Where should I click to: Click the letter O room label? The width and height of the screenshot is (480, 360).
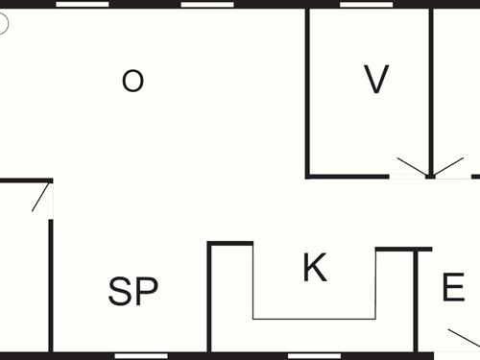click(x=132, y=81)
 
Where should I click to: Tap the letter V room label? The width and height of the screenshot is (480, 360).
click(x=376, y=80)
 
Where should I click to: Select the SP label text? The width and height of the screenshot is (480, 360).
click(x=132, y=291)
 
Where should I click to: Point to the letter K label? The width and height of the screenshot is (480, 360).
click(x=314, y=268)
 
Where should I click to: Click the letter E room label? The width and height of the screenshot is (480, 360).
click(x=453, y=288)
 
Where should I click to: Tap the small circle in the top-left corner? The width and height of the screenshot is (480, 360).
click(x=3, y=24)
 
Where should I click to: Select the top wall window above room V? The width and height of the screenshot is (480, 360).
click(x=367, y=4)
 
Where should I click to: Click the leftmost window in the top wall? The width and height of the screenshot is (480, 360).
click(x=83, y=4)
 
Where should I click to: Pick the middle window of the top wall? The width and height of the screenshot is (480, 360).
click(x=207, y=4)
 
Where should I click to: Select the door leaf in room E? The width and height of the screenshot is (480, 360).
click(x=463, y=338)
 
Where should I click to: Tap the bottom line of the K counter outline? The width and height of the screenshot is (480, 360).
click(x=314, y=318)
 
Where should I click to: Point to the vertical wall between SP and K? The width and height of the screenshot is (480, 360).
click(x=209, y=298)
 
